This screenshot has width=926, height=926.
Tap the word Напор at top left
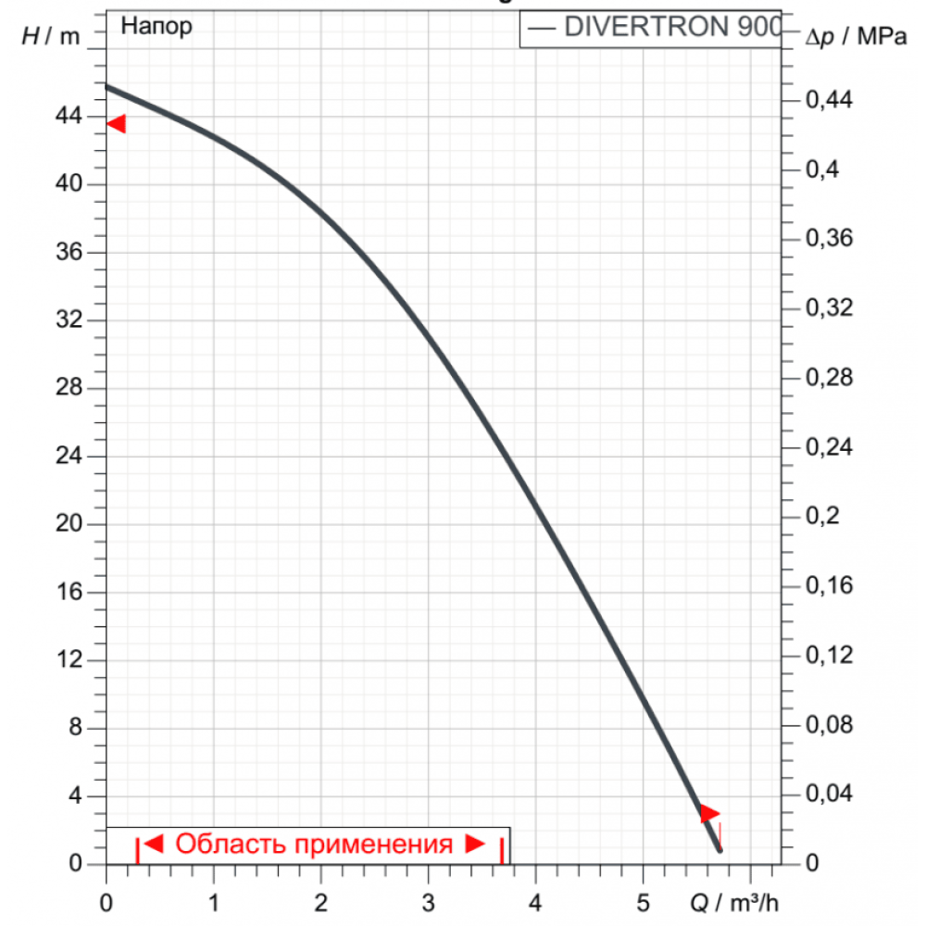tap(156, 27)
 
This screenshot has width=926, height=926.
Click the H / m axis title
tap(50, 36)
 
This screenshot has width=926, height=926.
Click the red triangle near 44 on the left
tap(117, 123)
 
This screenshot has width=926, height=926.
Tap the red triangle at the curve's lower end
tap(708, 813)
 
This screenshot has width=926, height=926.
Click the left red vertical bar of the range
tap(138, 849)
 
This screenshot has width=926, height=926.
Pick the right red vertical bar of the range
tap(502, 849)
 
